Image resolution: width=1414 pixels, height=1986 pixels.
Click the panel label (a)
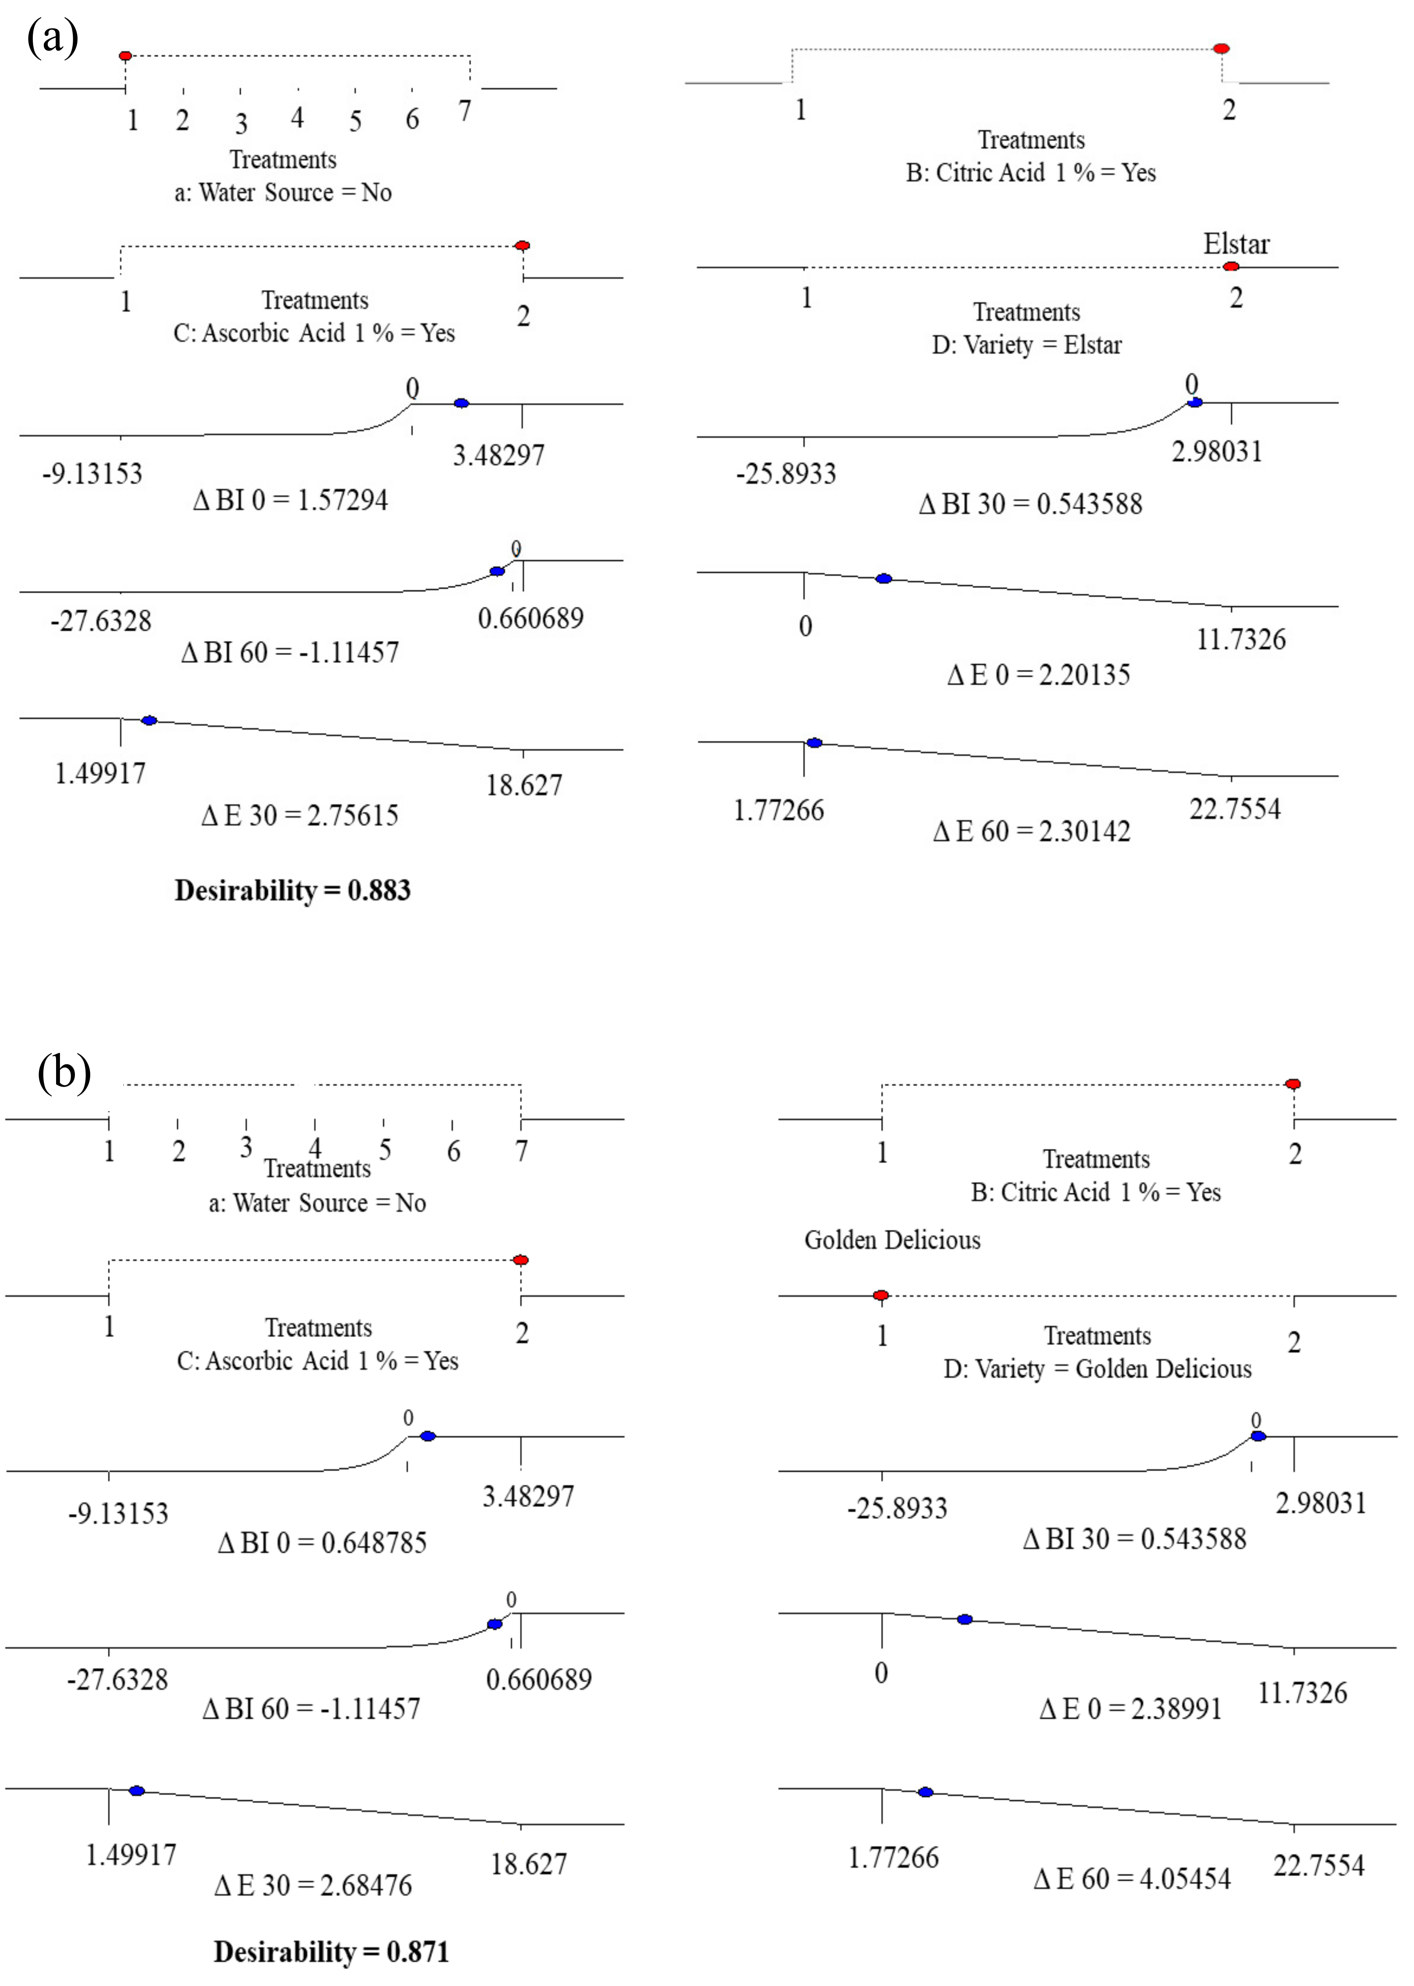[x=52, y=39]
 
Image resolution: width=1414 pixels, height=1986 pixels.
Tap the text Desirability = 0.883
[x=293, y=890]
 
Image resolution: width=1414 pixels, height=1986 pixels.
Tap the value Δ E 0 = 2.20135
[x=1039, y=674]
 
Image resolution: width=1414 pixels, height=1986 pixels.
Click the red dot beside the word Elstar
[x=1230, y=266]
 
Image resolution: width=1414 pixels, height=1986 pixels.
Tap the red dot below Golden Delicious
[x=881, y=1295]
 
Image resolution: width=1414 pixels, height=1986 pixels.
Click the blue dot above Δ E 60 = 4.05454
[x=926, y=1792]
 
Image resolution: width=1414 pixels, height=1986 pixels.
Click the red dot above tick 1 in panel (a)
[x=125, y=56]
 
